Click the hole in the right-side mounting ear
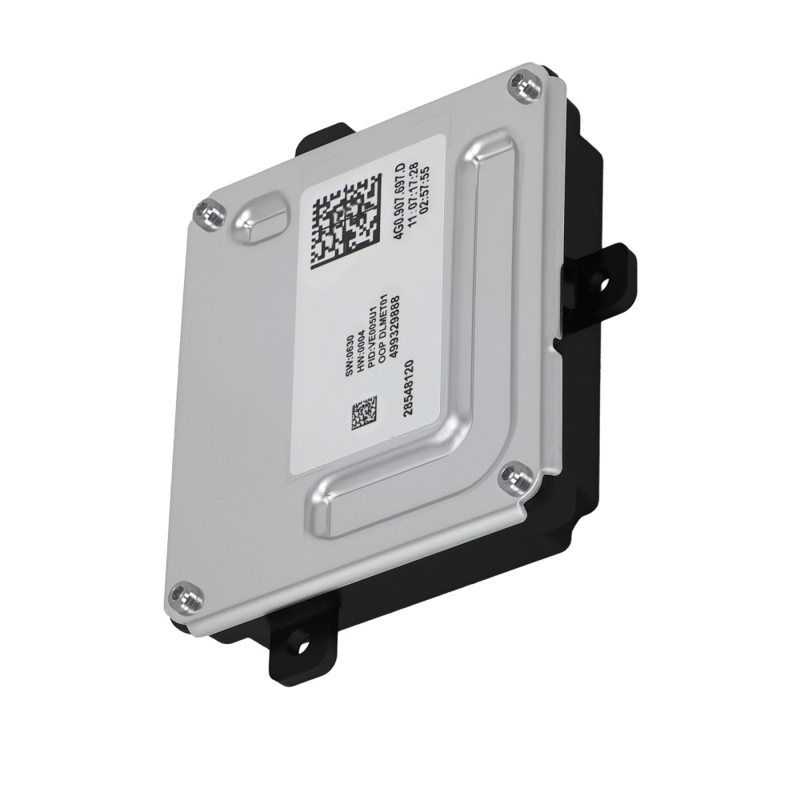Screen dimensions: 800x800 pyautogui.click(x=602, y=282)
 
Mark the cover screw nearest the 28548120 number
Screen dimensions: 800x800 pyautogui.click(x=514, y=478)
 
